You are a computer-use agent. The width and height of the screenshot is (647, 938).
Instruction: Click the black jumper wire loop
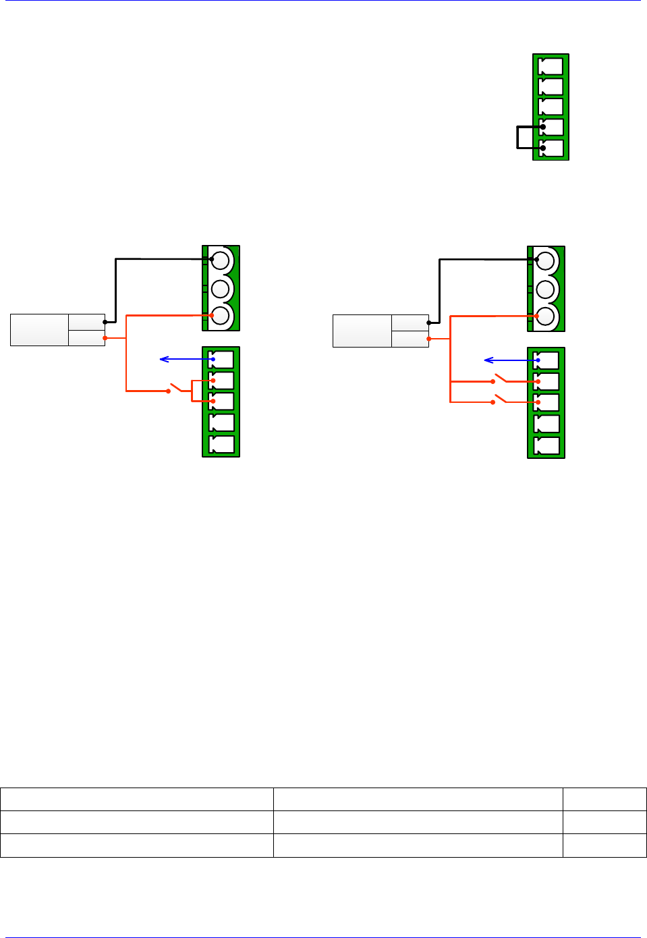[x=518, y=137]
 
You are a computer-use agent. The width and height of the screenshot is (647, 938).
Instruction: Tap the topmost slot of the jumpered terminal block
[x=551, y=66]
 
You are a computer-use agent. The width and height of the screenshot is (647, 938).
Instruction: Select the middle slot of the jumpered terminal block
[x=551, y=107]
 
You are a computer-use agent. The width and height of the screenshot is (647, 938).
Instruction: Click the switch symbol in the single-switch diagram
[x=177, y=388]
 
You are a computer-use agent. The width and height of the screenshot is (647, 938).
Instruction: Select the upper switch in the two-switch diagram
[x=501, y=379]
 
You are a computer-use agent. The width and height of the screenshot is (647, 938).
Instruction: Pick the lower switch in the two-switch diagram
[x=501, y=399]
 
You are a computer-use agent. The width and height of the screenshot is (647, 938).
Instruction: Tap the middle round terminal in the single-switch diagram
[x=220, y=289]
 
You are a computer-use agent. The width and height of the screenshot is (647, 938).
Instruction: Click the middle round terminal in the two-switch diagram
[x=545, y=289]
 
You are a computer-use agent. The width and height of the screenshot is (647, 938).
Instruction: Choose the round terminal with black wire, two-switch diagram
[x=545, y=260]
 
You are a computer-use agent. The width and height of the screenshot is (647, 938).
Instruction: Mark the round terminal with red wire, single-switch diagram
[x=220, y=316]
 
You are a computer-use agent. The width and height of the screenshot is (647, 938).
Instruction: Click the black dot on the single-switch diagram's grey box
[x=105, y=322]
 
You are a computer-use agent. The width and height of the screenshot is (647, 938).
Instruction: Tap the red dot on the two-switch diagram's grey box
[x=429, y=339]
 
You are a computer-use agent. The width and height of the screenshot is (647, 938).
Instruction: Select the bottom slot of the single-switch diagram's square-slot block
[x=223, y=444]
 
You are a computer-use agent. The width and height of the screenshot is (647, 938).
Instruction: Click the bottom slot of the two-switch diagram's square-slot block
[x=547, y=445]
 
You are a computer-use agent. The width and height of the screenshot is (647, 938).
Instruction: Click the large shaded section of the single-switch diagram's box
[x=40, y=330]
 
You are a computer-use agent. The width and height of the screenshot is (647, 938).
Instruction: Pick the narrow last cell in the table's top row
[x=604, y=799]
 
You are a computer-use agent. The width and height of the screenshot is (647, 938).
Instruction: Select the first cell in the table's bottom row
[x=136, y=846]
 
